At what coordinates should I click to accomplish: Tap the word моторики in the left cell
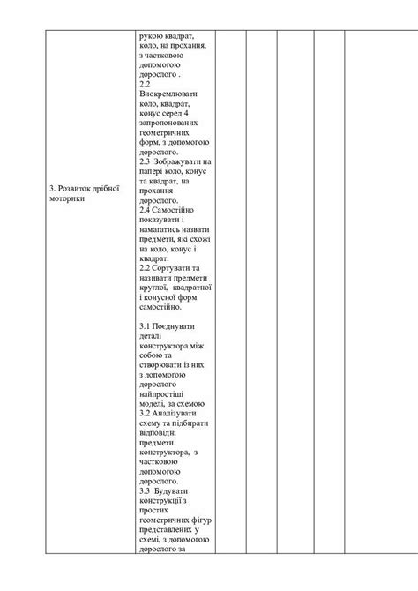point(67,198)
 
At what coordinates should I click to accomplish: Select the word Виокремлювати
point(169,93)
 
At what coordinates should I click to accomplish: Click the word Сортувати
point(175,266)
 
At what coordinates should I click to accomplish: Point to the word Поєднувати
point(177,326)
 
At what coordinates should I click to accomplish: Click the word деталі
point(153,336)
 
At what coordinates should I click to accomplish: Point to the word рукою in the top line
point(151,35)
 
